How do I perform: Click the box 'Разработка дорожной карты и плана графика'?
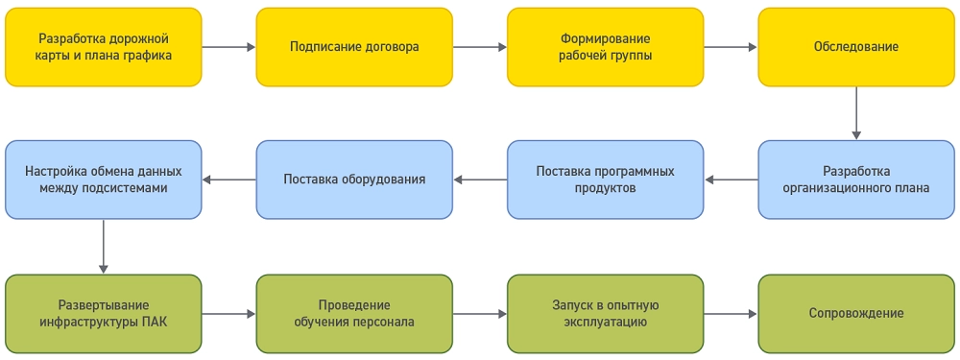coord(104,47)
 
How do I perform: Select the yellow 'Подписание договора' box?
coord(354,47)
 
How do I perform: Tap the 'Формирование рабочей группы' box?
coord(606,47)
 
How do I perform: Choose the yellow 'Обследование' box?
coord(856,47)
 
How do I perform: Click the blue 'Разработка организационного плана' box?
coord(856,180)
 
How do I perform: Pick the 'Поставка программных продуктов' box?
coord(606,180)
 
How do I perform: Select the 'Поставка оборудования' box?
coord(354,180)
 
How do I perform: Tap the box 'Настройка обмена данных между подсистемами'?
coord(104,180)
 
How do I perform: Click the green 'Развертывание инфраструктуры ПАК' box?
coord(104,313)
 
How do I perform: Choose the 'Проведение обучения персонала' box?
coord(354,313)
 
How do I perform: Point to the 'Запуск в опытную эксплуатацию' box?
coord(606,313)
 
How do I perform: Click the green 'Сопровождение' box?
coord(856,313)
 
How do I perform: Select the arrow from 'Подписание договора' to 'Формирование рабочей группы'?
coord(480,46)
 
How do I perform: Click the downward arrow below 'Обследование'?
coord(856,113)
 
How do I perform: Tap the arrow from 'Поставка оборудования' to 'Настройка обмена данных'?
coord(228,180)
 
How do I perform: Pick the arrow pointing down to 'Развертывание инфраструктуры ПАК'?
coord(104,246)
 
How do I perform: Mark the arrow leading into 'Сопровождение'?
coord(731,313)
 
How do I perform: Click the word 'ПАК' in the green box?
coord(154,322)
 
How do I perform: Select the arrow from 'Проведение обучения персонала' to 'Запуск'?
coord(480,313)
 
